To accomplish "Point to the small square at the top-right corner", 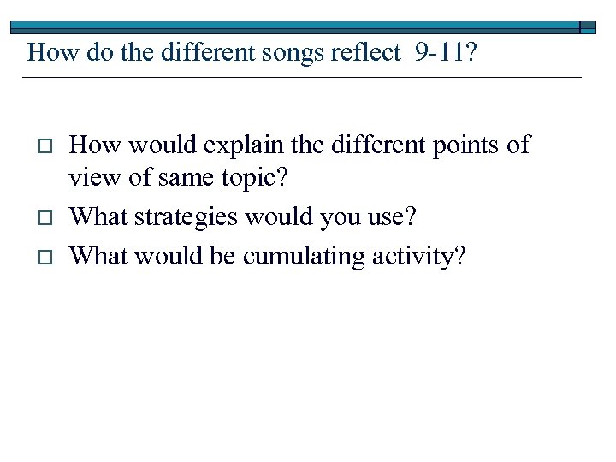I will (588, 27).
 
